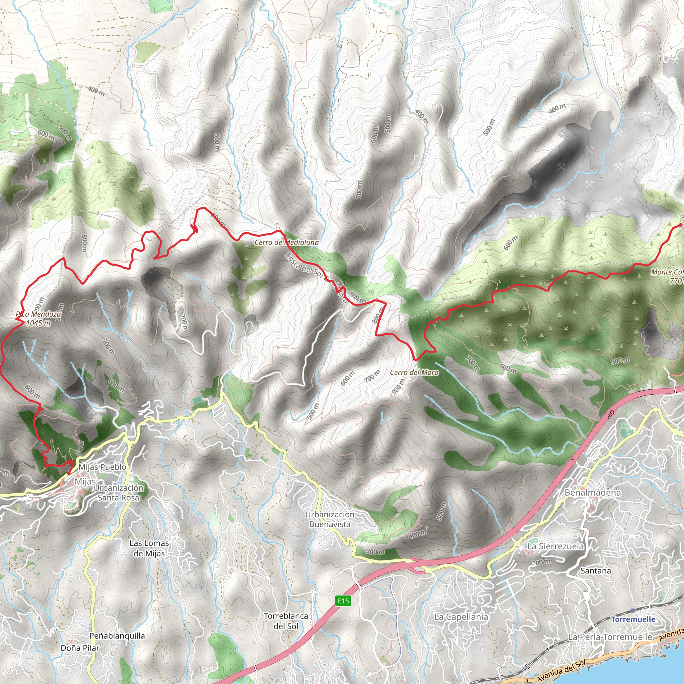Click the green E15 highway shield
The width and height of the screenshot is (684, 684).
tap(343, 601)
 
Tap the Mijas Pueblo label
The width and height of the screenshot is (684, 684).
tap(102, 467)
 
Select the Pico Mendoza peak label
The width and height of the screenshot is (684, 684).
tap(38, 314)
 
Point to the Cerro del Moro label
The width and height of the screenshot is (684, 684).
tap(414, 372)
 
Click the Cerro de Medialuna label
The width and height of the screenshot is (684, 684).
tap(287, 242)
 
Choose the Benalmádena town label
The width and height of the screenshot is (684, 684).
tap(593, 493)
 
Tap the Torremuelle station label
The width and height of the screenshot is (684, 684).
tap(633, 619)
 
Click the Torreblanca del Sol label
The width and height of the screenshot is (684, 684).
tap(286, 621)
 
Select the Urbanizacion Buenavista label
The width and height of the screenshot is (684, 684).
tap(330, 519)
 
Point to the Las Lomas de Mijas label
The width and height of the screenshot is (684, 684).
tap(149, 548)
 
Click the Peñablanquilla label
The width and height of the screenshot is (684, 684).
tap(117, 636)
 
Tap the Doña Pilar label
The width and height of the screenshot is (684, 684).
tap(80, 648)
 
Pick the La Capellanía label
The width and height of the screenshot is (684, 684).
tap(461, 617)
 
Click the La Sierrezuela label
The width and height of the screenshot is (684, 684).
tap(555, 546)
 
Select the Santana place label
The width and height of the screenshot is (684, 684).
tap(595, 571)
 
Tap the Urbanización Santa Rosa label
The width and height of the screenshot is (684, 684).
tap(119, 493)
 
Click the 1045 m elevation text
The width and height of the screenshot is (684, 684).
tap(38, 323)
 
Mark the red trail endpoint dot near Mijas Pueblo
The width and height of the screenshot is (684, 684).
tap(69, 473)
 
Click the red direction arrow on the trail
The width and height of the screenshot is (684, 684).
tap(194, 229)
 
